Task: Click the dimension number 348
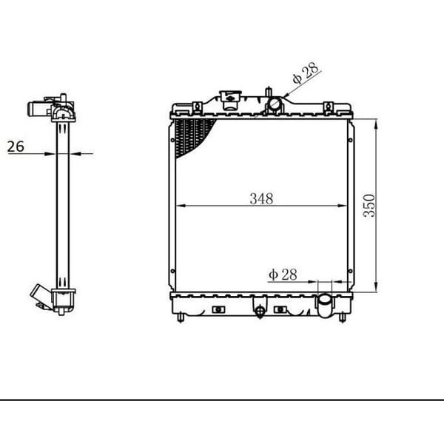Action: [x=261, y=198]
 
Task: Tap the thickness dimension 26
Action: [x=16, y=147]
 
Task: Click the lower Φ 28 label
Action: [x=283, y=275]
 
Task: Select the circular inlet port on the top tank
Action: [x=275, y=105]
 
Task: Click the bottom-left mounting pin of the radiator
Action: [x=181, y=318]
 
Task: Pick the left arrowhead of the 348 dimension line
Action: [x=178, y=205]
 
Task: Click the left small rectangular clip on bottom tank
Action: [x=218, y=309]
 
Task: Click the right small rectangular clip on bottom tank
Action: [x=280, y=309]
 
